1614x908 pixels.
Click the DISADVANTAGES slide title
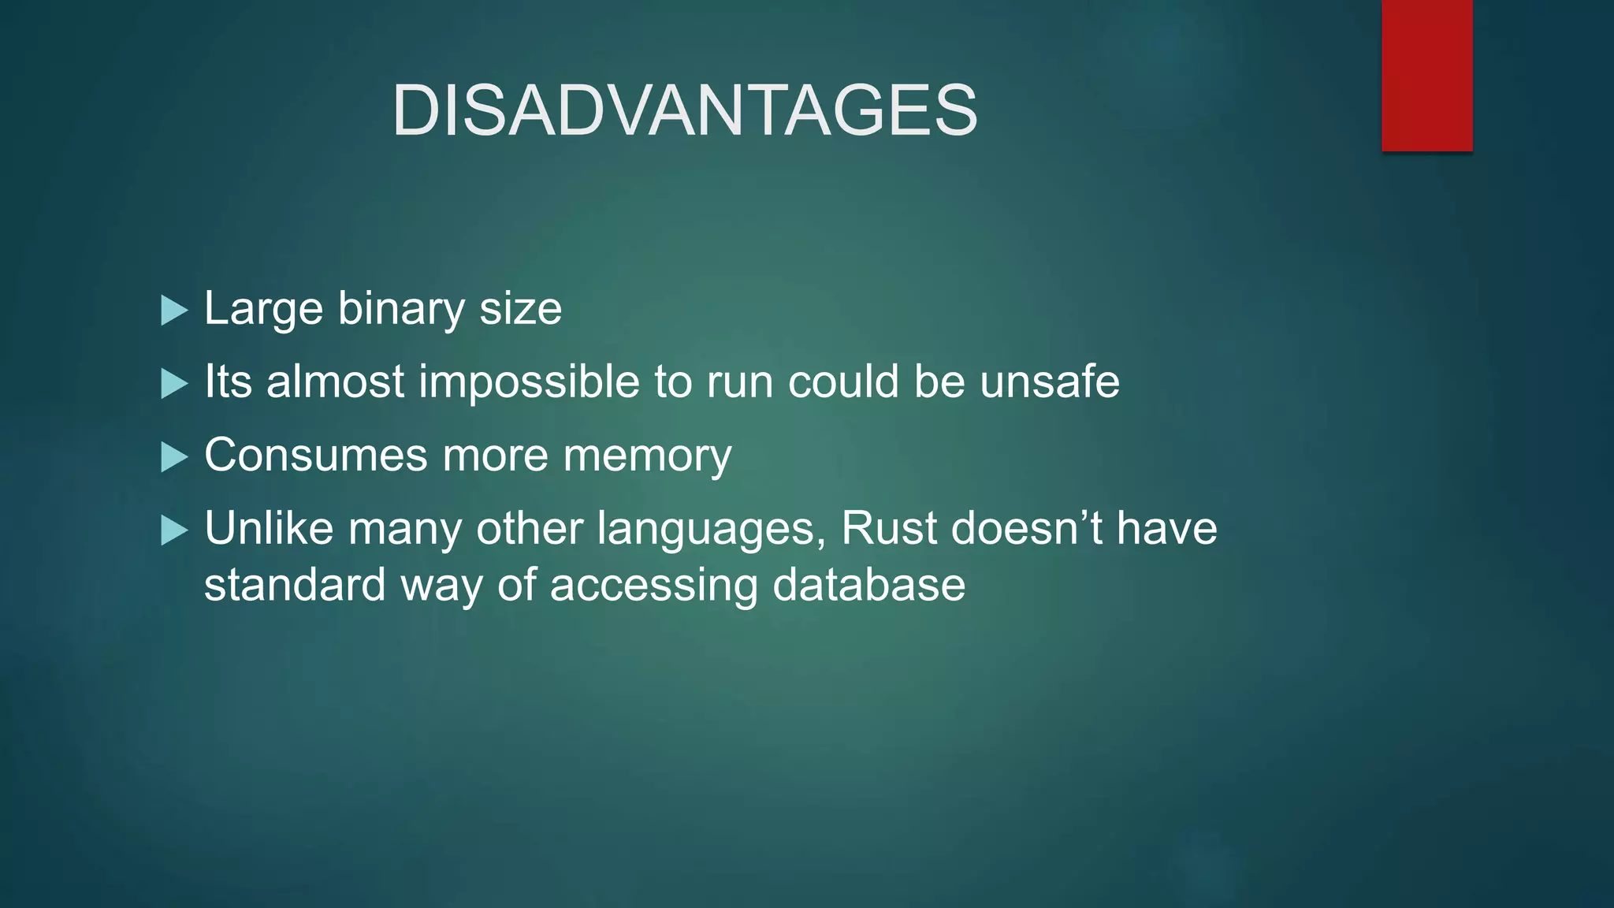click(x=684, y=110)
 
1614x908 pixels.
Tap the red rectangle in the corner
click(x=1426, y=75)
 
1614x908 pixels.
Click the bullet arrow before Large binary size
click(x=173, y=311)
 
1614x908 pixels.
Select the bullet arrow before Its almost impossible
click(x=173, y=384)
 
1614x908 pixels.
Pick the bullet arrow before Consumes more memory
click(x=173, y=457)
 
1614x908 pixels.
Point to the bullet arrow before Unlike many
click(x=173, y=530)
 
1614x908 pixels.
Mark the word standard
click(x=294, y=586)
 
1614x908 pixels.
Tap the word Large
click(x=264, y=309)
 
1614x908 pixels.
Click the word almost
click(x=335, y=382)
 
